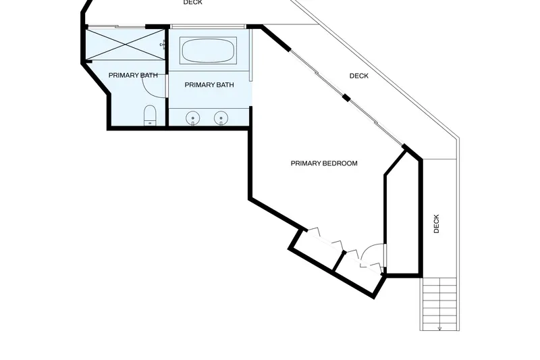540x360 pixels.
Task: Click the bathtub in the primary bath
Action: (x=208, y=51)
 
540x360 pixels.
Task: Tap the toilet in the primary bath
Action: (x=150, y=115)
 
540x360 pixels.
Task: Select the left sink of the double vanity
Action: (x=193, y=118)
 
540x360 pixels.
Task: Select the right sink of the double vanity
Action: (x=221, y=118)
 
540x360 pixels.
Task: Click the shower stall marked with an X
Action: (x=126, y=44)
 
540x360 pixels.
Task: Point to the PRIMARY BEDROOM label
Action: (x=324, y=163)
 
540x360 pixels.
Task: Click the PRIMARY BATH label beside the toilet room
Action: (x=133, y=75)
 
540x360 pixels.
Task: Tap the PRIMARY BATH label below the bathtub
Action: (x=209, y=84)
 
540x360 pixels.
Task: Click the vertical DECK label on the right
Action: (x=436, y=224)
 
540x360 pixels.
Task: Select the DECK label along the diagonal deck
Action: (x=359, y=76)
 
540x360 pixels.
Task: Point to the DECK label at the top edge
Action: (x=193, y=3)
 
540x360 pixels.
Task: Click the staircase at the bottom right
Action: (x=440, y=304)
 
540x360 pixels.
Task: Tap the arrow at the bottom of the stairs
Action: (x=440, y=329)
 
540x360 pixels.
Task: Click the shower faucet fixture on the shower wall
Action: (x=163, y=45)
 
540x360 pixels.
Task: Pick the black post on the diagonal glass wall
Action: (x=346, y=98)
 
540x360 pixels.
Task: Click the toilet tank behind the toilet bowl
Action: (x=150, y=123)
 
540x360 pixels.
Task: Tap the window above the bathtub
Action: (x=208, y=26)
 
